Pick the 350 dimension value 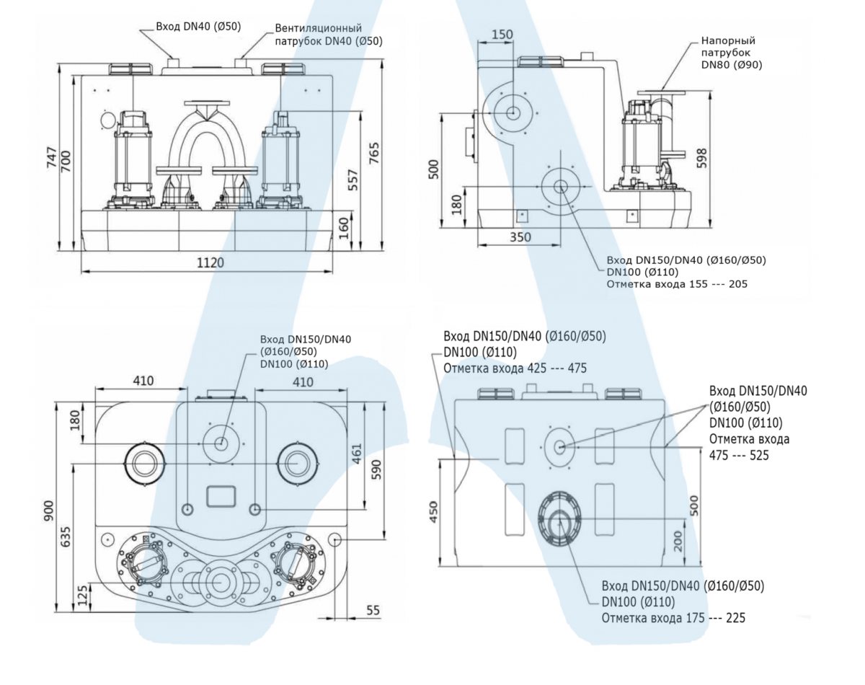(519, 237)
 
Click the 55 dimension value (373, 611)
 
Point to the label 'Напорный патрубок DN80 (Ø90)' (731, 53)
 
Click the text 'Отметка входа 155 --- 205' (677, 283)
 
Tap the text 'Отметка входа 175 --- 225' (673, 618)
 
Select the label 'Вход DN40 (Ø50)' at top (198, 27)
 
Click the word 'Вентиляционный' (319, 27)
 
